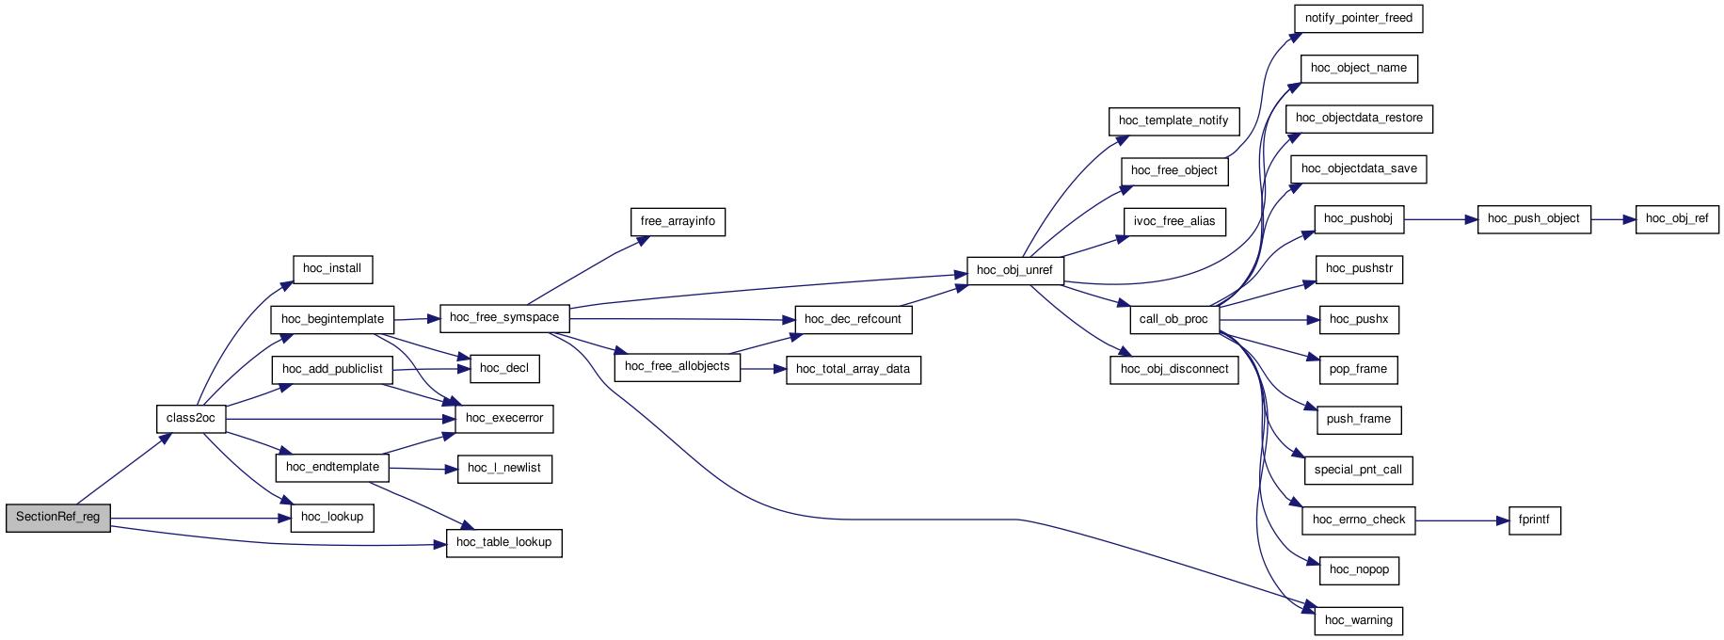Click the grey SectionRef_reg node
58,518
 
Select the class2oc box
191,419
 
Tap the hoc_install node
332,268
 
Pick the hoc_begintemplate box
332,319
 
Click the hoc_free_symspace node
504,317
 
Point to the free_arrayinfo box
678,221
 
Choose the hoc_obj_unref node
1015,271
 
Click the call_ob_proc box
1173,319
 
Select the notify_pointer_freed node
1358,18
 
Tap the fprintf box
1534,520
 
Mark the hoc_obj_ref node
1678,219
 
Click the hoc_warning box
1358,620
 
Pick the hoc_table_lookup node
503,543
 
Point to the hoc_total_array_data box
853,369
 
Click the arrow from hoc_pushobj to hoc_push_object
1441,219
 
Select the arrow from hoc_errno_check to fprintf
1461,520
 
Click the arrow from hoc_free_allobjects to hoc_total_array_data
763,369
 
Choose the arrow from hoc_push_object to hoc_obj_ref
1614,219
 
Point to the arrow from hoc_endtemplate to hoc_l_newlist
422,468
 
